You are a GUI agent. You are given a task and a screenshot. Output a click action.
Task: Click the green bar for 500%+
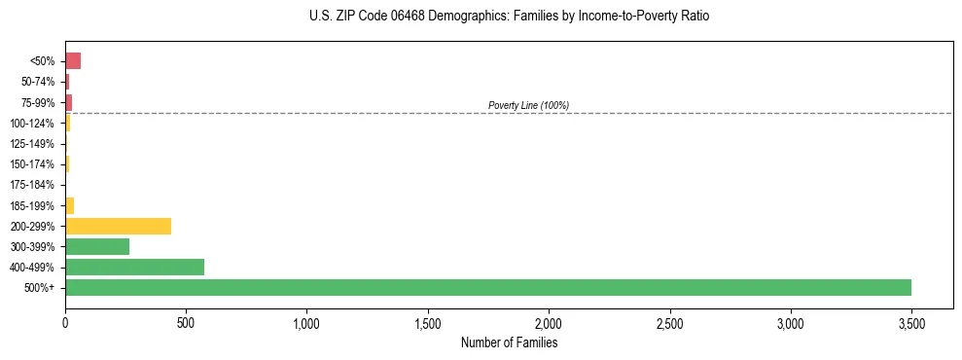point(487,287)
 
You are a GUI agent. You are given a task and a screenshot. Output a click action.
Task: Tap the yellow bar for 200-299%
point(118,226)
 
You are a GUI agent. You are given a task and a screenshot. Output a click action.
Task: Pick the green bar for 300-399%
point(97,246)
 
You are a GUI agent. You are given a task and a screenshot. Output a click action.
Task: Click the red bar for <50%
point(73,61)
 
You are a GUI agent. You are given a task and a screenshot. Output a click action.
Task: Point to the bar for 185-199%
point(69,205)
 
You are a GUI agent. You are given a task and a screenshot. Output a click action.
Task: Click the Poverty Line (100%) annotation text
point(528,105)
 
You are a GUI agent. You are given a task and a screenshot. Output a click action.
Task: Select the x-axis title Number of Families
point(509,342)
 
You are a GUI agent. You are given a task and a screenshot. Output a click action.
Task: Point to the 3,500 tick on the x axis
point(911,322)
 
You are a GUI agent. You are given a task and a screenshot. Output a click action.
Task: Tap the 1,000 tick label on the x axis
point(306,322)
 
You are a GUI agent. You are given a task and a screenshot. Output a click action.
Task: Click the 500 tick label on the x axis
point(186,322)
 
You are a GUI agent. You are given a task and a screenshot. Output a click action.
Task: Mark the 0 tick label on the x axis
point(65,322)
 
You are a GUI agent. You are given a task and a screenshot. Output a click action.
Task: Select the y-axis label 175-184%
point(34,185)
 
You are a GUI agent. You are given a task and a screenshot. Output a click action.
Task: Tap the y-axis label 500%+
point(40,288)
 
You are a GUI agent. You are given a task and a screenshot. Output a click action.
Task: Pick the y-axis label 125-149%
point(34,144)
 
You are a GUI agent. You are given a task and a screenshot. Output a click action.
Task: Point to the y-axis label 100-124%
point(34,124)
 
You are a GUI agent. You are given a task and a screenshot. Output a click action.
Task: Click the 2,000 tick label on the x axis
point(549,322)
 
